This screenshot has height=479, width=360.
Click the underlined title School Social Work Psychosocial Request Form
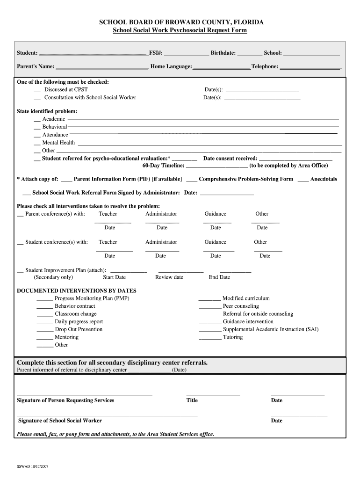click(180, 30)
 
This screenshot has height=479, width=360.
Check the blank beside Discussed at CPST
click(37, 90)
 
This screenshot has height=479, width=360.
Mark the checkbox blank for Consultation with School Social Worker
click(37, 98)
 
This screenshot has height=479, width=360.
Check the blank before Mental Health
click(37, 143)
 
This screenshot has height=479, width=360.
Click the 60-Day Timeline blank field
click(217, 166)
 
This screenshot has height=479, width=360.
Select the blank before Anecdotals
click(303, 180)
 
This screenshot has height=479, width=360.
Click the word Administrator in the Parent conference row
click(161, 214)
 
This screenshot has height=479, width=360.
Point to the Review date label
click(169, 277)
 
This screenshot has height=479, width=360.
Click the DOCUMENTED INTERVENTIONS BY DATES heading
click(77, 290)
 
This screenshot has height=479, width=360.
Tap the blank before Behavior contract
click(44, 306)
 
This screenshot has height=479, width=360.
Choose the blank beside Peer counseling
click(210, 306)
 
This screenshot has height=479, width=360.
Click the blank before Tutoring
click(210, 338)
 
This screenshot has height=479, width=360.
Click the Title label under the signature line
click(192, 400)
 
